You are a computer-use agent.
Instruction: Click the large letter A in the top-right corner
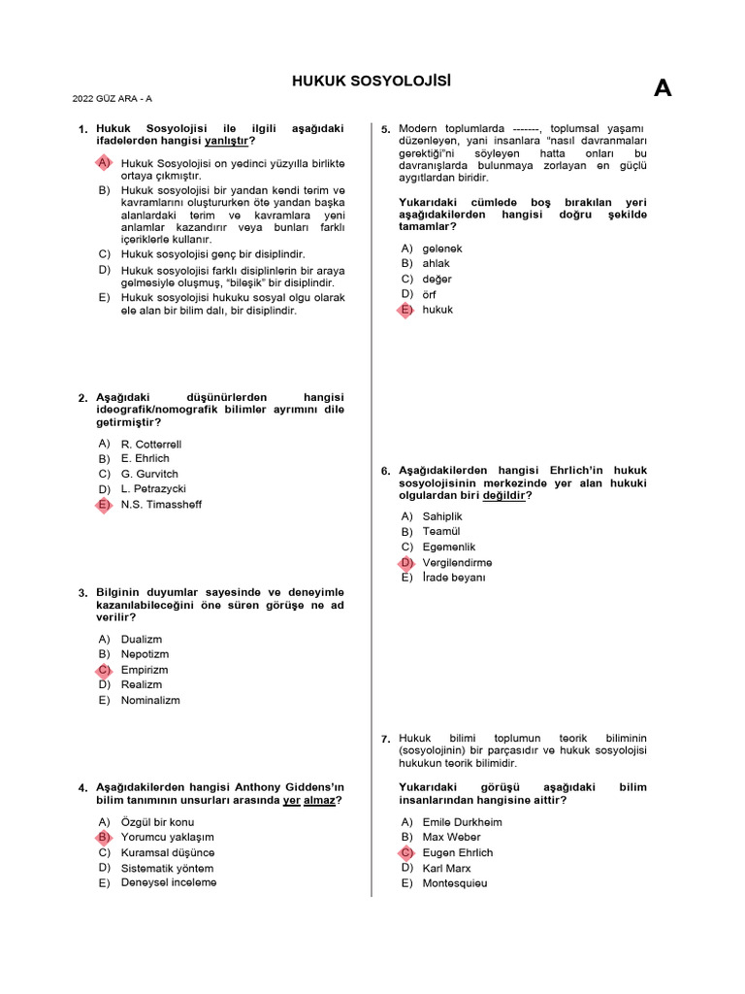[663, 89]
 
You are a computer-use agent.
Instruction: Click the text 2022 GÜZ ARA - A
[112, 98]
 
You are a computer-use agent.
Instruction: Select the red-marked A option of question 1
[104, 163]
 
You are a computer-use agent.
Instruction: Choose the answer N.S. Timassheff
[161, 505]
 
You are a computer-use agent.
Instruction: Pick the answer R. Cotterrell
[150, 444]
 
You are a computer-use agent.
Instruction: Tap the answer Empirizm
[145, 670]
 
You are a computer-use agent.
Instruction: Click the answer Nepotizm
[145, 654]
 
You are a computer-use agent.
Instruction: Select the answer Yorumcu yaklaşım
[167, 837]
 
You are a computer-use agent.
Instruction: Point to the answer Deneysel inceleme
[168, 882]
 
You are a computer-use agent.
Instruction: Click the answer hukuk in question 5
[437, 310]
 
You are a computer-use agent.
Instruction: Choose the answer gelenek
[442, 248]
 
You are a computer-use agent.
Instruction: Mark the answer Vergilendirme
[457, 562]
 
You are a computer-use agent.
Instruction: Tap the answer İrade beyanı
[453, 578]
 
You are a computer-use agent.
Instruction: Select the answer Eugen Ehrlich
[457, 852]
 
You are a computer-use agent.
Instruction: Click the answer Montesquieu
[454, 883]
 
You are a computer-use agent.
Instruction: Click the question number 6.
[386, 472]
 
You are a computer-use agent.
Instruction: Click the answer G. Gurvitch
[149, 474]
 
